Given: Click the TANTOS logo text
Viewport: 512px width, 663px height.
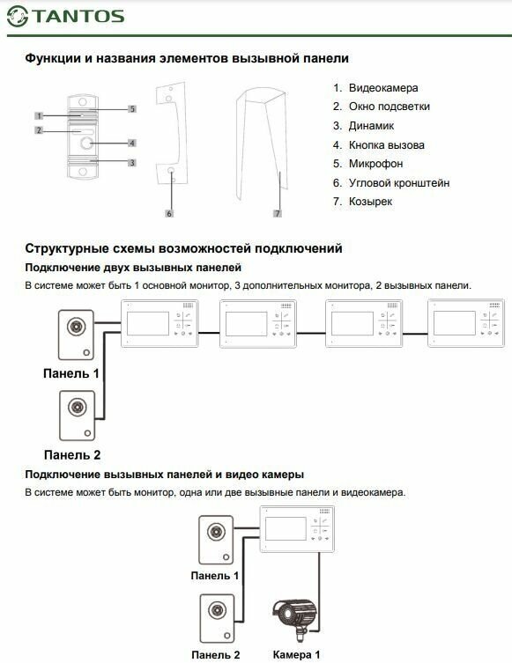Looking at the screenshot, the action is pos(78,16).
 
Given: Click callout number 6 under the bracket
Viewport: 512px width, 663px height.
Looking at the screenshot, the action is pos(169,214).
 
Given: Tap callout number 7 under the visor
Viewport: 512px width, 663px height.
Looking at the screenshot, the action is pos(278,214).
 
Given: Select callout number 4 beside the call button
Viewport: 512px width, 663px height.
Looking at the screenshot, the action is pos(132,143).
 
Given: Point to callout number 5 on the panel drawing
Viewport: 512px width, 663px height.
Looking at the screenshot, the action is pos(132,109).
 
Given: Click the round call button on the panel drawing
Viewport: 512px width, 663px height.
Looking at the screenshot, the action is pos(86,144).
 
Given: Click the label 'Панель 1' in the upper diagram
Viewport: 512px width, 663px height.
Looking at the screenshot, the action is pos(71,373).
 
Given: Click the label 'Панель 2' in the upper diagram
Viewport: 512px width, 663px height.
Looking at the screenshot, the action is pos(72,455).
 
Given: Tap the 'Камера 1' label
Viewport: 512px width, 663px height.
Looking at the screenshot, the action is pos(296,654).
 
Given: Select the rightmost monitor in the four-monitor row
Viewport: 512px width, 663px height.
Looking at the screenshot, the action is pos(466,323).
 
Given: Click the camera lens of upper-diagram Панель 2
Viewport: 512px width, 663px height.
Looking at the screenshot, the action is pos(78,407).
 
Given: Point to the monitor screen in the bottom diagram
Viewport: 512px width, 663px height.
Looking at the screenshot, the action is pos(286,528).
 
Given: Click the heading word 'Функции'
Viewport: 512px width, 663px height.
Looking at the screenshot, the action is pos(53,58).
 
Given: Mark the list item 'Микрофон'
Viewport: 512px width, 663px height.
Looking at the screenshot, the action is pos(375,164).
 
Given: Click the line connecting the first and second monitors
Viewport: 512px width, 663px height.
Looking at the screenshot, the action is pos(209,333).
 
